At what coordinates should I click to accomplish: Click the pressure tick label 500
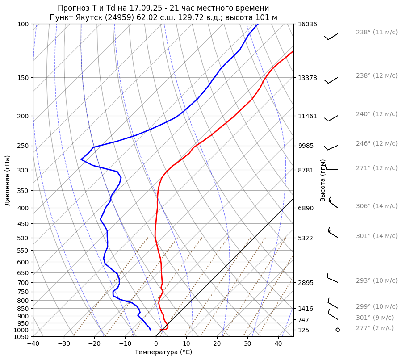[23, 238]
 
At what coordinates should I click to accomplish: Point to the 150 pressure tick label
[23, 78]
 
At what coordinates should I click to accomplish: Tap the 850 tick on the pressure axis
[23, 309]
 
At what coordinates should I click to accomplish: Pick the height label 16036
[307, 24]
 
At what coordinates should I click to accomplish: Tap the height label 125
[304, 330]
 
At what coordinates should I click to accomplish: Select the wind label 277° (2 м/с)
[375, 328]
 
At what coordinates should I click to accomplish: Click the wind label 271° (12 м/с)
[377, 168]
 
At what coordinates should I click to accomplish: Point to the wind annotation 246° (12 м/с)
[377, 143]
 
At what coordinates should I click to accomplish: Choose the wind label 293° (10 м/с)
[377, 280]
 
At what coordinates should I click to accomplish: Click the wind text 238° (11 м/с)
[377, 32]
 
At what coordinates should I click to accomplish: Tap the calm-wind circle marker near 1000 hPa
[338, 330]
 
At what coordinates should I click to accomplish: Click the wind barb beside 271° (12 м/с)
[332, 169]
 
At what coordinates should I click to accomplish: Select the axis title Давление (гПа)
[8, 180]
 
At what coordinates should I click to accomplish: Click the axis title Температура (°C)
[163, 352]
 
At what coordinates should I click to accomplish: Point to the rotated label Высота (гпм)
[323, 180]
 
